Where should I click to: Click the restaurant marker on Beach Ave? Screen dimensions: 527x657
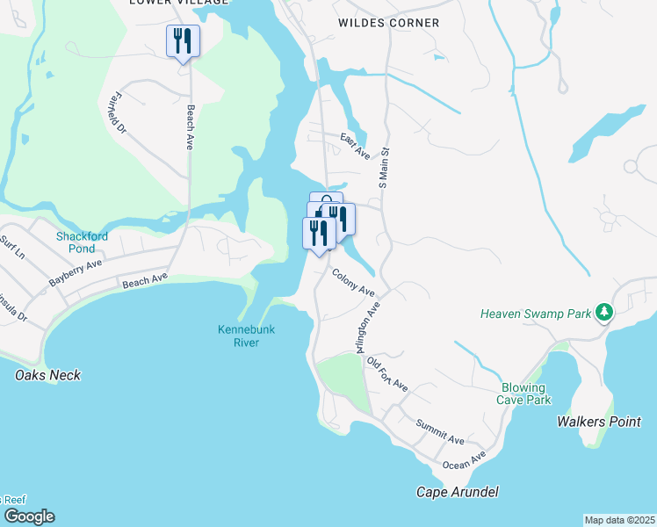click(183, 41)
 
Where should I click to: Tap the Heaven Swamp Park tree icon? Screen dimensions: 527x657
click(603, 313)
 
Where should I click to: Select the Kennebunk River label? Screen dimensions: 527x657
click(239, 336)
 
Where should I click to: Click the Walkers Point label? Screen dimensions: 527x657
click(599, 422)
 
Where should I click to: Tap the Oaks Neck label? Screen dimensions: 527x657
click(47, 375)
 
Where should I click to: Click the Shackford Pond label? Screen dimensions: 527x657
click(82, 242)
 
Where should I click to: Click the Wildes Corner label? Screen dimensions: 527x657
click(389, 23)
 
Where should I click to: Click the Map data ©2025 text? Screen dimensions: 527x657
click(619, 520)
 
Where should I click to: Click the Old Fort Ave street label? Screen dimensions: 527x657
click(387, 373)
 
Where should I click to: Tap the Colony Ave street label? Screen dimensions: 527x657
click(353, 282)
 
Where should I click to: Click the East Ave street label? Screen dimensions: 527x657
click(355, 147)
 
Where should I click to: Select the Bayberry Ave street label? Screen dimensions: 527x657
click(76, 271)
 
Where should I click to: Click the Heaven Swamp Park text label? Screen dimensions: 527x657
click(536, 314)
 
